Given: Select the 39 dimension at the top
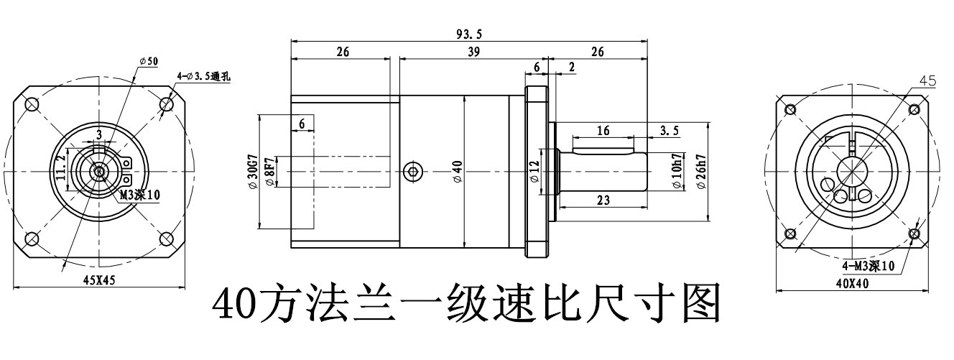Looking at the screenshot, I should coord(473,52).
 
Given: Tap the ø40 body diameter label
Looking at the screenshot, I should coord(457,172).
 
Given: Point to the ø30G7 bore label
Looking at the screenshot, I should coord(251,172).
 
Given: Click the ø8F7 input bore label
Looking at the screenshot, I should coord(269,172).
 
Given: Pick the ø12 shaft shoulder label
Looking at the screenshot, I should coord(534,172).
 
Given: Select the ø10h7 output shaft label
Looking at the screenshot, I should coord(676,172).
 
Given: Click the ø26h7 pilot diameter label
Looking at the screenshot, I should coord(701,172).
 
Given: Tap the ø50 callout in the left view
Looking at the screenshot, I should coord(149,61).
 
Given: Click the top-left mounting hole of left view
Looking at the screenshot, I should coord(32,104).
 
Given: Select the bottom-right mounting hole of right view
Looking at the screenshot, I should coord(914,234).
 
